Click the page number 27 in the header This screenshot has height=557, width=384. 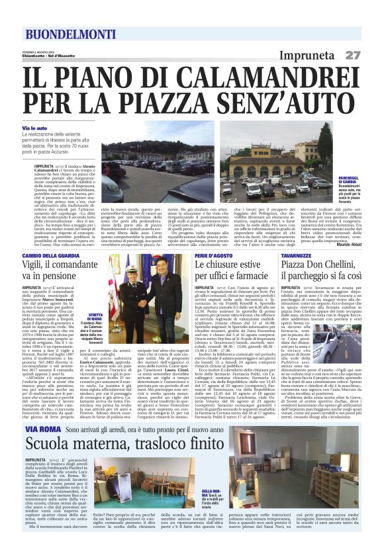[352, 55]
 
